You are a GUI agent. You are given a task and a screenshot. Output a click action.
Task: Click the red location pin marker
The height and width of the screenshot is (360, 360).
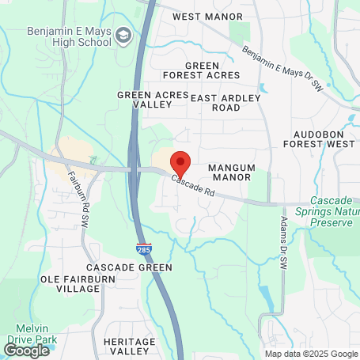tap(180, 165)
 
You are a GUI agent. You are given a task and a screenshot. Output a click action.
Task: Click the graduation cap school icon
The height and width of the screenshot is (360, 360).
tap(124, 36)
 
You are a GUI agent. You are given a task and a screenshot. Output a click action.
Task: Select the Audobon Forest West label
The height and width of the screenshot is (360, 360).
tap(324, 139)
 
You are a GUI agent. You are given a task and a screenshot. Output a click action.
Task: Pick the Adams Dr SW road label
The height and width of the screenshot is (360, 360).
tap(283, 241)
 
